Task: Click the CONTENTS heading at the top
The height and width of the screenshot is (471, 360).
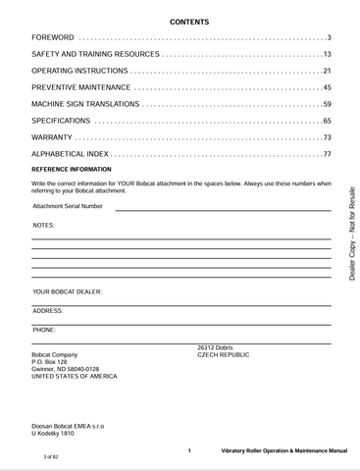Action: click(181, 21)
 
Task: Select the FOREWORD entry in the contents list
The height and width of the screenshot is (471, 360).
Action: click(54, 37)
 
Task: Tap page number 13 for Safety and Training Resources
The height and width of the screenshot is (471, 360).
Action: click(327, 54)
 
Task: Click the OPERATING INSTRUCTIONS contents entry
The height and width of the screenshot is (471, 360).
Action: click(79, 71)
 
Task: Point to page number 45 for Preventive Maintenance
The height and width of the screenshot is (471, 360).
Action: click(327, 87)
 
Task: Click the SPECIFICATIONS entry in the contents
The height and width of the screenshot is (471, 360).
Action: click(61, 121)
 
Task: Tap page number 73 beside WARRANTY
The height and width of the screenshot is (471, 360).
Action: click(327, 137)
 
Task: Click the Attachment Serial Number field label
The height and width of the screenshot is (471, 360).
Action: click(68, 206)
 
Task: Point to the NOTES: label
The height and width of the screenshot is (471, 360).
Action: click(43, 225)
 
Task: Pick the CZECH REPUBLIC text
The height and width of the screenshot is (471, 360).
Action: click(224, 354)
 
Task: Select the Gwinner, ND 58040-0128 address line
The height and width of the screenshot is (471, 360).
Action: click(66, 369)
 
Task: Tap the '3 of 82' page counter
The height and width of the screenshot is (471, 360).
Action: click(52, 457)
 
